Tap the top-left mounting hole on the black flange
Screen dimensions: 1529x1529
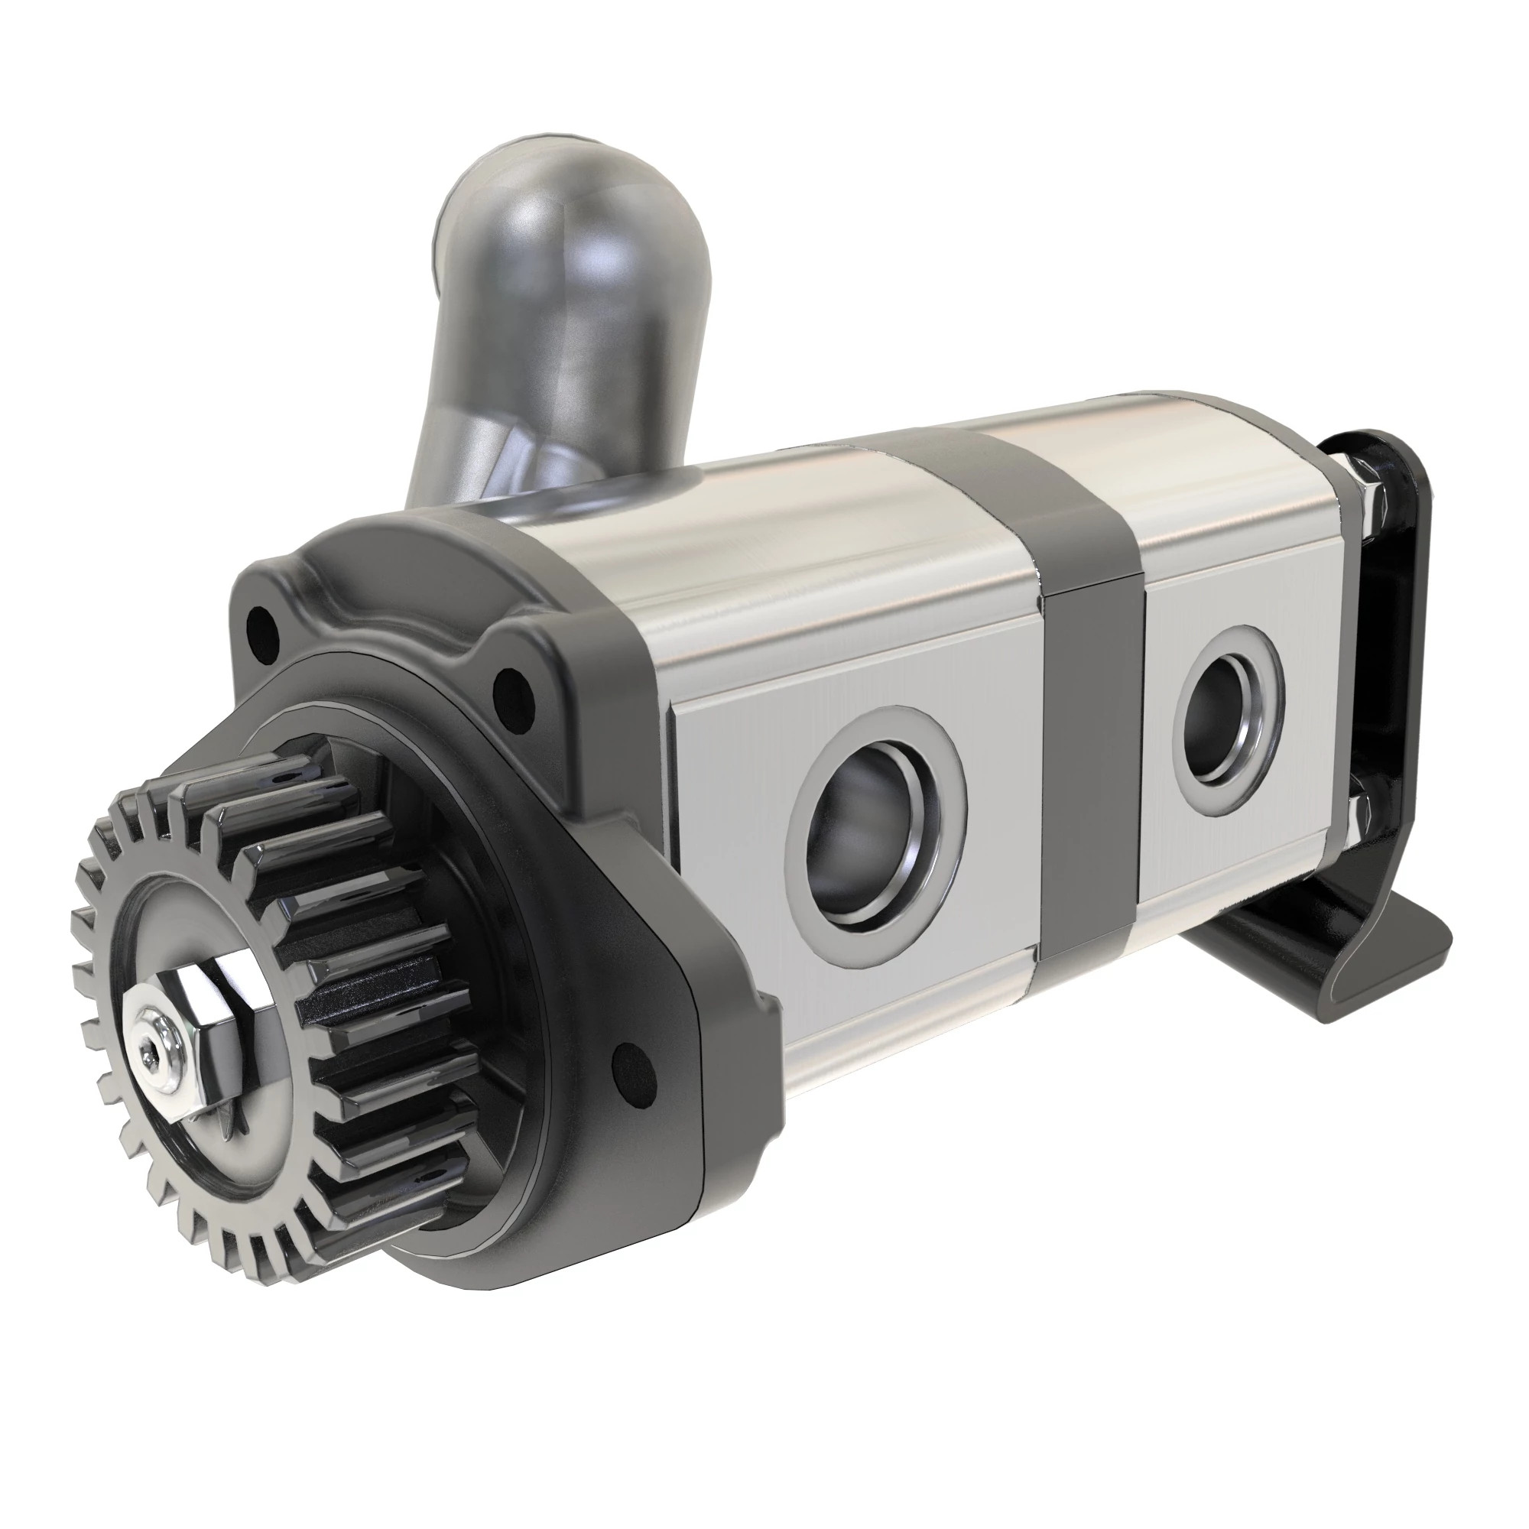pos(262,625)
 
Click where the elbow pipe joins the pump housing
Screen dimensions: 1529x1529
pos(570,498)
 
